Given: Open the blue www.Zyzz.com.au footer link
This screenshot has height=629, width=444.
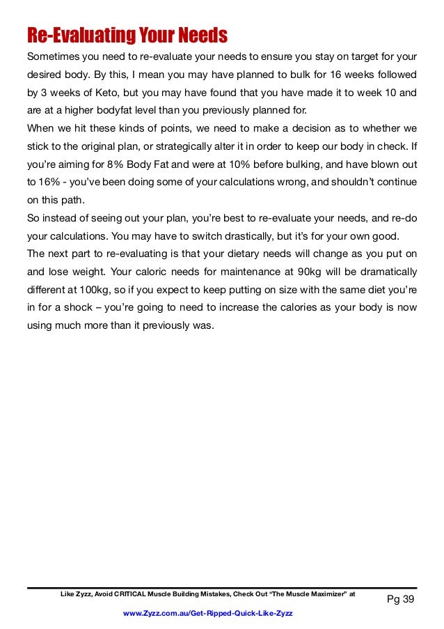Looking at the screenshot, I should pyautogui.click(x=207, y=612).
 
